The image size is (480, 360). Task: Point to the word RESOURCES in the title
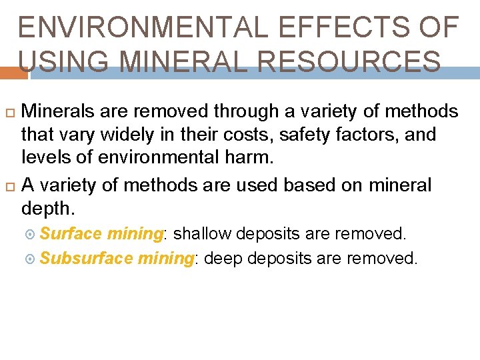pos(348,61)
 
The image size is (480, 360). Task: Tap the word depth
pos(47,208)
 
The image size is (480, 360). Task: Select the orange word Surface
pos(71,234)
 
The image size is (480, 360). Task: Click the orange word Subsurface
pos(87,259)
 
